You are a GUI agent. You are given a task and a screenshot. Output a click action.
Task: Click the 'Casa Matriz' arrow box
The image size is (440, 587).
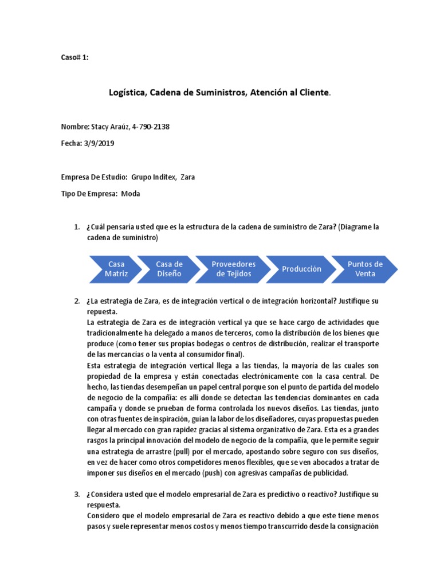click(116, 269)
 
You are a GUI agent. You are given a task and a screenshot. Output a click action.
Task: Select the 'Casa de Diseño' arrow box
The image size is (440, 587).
click(169, 269)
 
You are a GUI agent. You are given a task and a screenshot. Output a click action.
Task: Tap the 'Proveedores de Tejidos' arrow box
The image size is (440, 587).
click(233, 269)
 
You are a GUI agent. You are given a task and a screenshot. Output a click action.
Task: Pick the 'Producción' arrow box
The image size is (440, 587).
click(301, 269)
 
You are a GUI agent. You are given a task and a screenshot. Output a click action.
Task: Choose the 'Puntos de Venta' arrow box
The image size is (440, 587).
click(365, 269)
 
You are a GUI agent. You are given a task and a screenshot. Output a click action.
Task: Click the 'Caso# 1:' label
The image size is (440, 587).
click(74, 58)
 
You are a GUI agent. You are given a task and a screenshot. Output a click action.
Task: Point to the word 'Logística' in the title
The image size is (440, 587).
click(127, 92)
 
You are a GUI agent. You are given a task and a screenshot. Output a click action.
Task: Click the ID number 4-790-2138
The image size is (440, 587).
click(151, 126)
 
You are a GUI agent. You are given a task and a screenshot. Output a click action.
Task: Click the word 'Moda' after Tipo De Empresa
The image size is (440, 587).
click(131, 194)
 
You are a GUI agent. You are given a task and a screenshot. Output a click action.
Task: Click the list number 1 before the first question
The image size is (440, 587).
click(77, 228)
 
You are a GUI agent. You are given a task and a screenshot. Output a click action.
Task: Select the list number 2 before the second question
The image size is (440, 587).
click(77, 301)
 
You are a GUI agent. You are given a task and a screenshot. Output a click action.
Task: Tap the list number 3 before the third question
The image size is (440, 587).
click(77, 494)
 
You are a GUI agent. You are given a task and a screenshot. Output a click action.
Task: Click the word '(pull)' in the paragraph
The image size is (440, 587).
click(181, 452)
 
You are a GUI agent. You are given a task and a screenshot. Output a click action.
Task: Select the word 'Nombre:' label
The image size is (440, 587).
click(74, 126)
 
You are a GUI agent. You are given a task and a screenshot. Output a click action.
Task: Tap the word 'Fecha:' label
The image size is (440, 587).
click(72, 143)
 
